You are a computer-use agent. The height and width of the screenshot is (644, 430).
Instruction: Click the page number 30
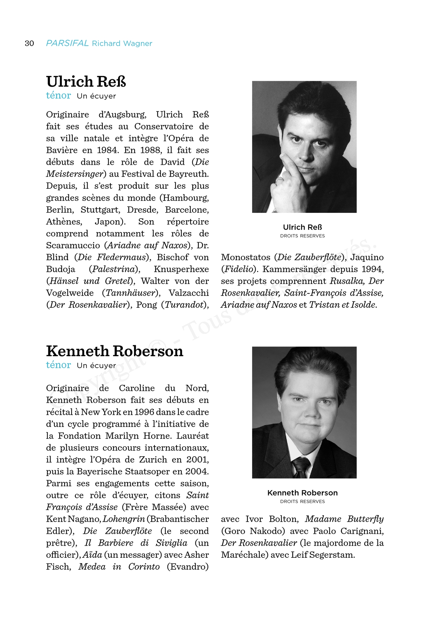[x=29, y=43]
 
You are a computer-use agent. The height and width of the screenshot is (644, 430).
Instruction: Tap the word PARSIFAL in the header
[x=67, y=43]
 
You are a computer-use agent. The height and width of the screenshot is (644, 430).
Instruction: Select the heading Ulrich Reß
[x=86, y=81]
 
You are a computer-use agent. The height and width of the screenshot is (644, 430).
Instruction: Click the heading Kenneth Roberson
[x=114, y=351]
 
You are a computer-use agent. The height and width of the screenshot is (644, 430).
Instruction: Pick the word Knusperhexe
[x=181, y=269]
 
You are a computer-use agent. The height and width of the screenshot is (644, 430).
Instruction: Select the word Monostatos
[x=246, y=257]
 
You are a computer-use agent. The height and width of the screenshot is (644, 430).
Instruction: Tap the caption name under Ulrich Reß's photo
[x=302, y=227]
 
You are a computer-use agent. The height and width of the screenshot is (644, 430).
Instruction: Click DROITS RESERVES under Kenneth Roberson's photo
[x=302, y=501]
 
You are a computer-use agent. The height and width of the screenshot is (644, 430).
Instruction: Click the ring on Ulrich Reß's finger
[x=279, y=180]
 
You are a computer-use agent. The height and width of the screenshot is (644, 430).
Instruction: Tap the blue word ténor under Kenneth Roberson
[x=58, y=365]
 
